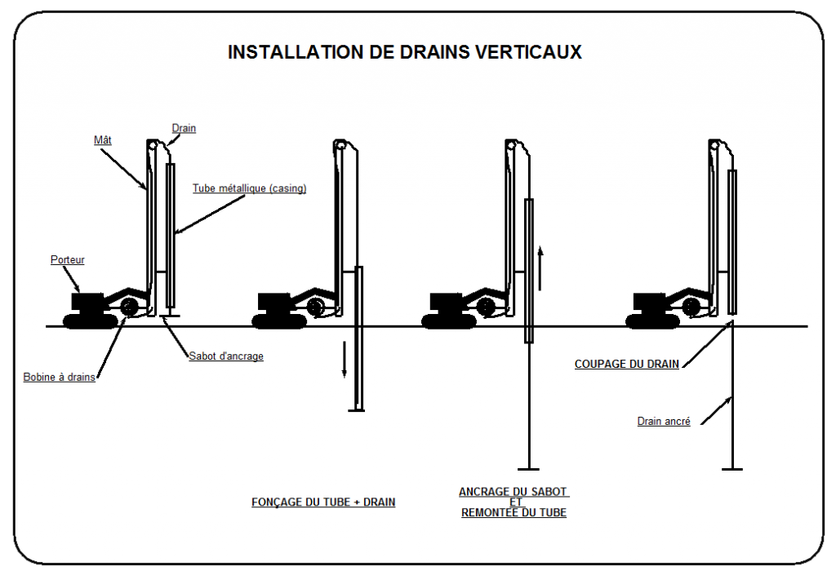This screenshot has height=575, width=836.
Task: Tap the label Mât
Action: tap(102, 139)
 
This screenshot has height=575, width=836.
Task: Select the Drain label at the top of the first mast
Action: tap(184, 128)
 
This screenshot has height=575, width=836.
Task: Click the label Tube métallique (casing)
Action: tap(249, 188)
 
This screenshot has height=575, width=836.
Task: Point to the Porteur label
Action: tap(67, 260)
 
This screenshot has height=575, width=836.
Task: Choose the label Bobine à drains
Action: tap(59, 377)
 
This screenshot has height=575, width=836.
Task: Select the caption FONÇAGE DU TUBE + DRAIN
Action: tap(322, 502)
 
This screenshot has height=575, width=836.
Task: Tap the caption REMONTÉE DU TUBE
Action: tap(514, 513)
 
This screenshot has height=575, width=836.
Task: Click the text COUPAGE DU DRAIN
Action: tap(626, 365)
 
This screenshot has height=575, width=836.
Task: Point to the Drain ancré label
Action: tap(664, 422)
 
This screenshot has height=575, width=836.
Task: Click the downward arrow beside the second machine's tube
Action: tap(345, 359)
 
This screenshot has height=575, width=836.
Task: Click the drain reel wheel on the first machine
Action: tap(128, 307)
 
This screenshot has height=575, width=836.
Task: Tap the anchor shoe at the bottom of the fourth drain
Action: tap(732, 469)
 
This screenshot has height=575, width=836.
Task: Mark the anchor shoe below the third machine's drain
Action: tap(529, 469)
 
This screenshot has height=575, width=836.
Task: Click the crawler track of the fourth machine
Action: tap(655, 321)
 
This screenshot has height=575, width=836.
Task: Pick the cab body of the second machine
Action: tap(273, 302)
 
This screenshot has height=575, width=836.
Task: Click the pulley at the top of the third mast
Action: tap(511, 145)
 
